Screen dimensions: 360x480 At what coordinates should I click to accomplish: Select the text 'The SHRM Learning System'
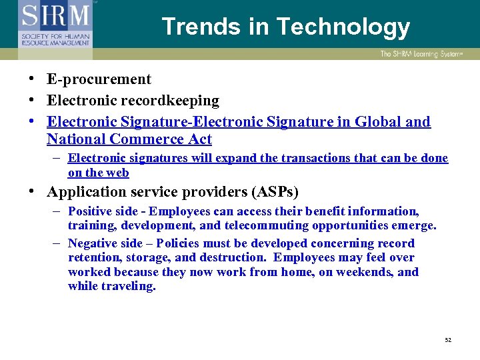coord(424,54)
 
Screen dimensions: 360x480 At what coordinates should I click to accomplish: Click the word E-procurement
coord(99,79)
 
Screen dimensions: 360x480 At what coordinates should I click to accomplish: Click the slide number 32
coord(448,340)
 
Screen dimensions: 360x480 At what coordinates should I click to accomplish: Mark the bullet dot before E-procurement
coord(32,79)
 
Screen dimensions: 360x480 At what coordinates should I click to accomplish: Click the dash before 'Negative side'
coord(57,243)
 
